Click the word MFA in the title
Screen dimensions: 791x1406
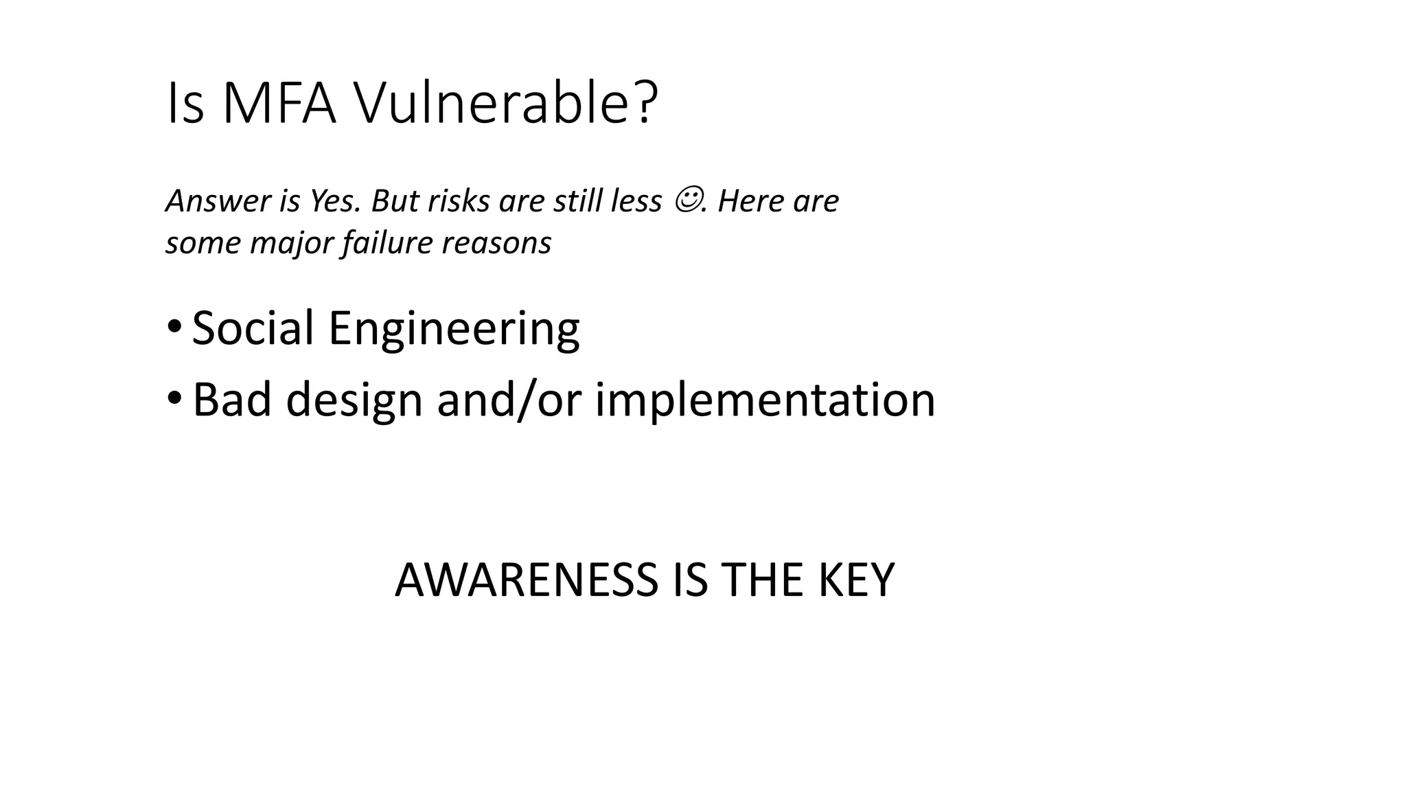pos(278,104)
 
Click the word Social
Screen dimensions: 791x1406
pos(253,328)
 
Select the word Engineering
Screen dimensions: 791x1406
pos(454,328)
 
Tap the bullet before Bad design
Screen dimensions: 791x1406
pos(174,399)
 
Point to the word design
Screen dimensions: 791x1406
pos(354,400)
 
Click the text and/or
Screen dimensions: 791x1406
pos(508,400)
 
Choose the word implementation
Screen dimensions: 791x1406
pos(765,400)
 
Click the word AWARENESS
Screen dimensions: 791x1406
pos(526,580)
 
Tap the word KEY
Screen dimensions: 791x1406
pos(855,580)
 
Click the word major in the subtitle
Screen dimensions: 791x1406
pos(292,243)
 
